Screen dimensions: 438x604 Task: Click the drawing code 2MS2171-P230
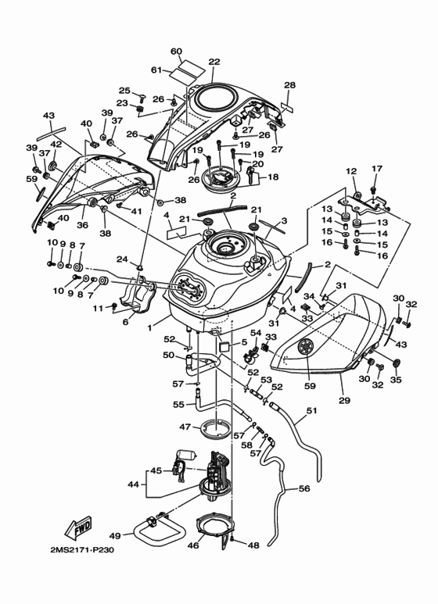[82, 549]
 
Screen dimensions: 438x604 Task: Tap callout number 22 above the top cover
[214, 62]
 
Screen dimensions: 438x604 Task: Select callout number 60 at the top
[176, 52]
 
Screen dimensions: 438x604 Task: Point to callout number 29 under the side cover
[344, 400]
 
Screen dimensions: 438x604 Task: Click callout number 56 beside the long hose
[304, 488]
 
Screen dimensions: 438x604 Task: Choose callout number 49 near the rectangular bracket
[115, 535]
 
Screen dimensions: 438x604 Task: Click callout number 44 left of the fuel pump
[133, 484]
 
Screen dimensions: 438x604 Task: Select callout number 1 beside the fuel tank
[151, 328]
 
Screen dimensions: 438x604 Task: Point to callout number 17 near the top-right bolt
[377, 168]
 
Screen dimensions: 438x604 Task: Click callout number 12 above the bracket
[351, 171]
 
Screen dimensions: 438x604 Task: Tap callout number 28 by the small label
[289, 85]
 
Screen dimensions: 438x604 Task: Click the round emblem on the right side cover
[307, 348]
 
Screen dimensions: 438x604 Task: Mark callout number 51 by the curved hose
[311, 411]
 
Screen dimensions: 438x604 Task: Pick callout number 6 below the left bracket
[126, 323]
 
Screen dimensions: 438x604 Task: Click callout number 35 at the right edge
[396, 380]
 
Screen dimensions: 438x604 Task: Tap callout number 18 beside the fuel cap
[273, 177]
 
